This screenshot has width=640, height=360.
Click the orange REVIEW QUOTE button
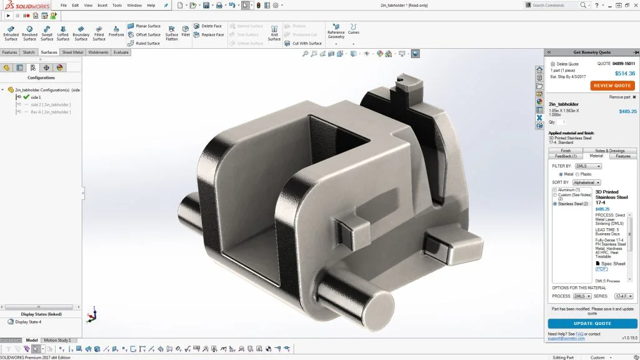(612, 86)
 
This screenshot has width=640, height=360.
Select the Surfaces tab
(49, 52)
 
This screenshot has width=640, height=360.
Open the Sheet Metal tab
(72, 52)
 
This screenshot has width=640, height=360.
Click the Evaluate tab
(121, 52)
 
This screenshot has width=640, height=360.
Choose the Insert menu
(102, 5)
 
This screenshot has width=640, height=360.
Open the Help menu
(151, 5)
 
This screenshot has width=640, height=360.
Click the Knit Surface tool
(274, 32)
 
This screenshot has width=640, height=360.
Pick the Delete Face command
(211, 26)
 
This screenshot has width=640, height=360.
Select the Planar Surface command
(147, 26)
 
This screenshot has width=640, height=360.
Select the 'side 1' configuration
(36, 97)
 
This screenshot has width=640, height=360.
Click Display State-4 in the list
(28, 322)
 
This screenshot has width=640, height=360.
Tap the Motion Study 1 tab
(57, 341)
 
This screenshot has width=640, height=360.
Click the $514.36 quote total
(624, 73)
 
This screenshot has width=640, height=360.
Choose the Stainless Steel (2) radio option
(555, 204)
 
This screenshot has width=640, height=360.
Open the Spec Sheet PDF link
(601, 269)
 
